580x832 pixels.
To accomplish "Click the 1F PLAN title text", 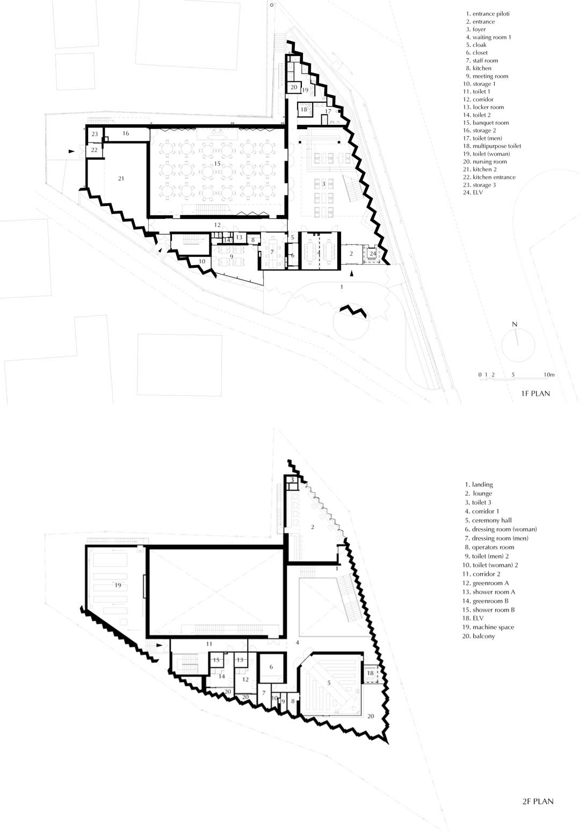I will (535, 393).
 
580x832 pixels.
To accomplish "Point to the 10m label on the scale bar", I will (548, 374).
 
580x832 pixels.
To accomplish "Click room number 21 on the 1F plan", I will (121, 178).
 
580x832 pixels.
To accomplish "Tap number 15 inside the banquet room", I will (218, 163).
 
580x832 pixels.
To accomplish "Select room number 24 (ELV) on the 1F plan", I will (373, 253).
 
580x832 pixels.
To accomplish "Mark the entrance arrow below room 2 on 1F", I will (352, 274).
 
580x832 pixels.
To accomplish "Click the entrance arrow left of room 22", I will (72, 152).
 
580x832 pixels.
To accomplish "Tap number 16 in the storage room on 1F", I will (126, 133).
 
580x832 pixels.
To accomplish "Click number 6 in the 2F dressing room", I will (271, 667).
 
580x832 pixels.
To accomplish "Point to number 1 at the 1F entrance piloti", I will (342, 287).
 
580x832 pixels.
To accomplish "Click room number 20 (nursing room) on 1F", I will (294, 87).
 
